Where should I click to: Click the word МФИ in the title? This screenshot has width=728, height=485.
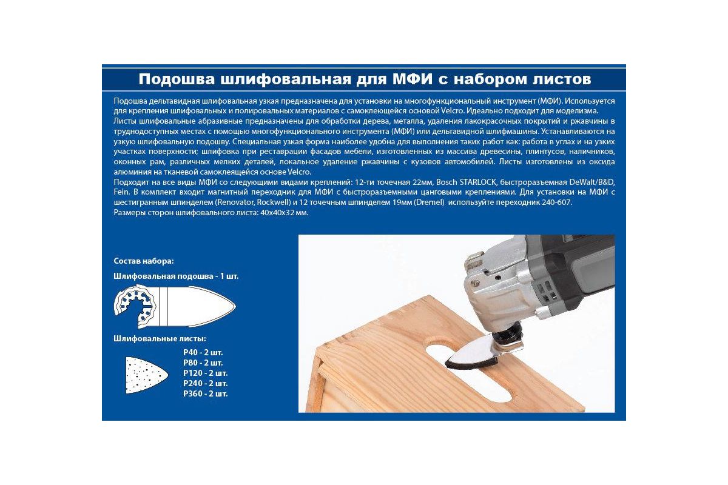pos(413,79)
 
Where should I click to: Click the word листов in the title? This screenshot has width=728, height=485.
pos(561,79)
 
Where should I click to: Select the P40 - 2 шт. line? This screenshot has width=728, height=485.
pos(203,352)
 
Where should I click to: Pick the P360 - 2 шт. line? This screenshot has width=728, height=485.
pos(206,393)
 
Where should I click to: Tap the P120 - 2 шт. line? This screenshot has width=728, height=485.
pos(206,373)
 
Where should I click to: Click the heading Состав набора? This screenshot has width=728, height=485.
pos(144,261)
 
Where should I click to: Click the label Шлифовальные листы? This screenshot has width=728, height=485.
pos(160,338)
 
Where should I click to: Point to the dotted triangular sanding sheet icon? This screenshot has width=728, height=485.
pos(146,375)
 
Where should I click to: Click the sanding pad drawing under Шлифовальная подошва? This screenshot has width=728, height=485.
pos(175,306)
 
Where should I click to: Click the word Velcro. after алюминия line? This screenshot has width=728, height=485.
pos(299,172)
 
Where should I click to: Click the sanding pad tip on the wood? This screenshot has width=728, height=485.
pos(447,364)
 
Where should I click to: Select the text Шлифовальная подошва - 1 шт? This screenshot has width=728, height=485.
pos(176,276)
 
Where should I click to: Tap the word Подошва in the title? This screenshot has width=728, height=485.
pos(177,79)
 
